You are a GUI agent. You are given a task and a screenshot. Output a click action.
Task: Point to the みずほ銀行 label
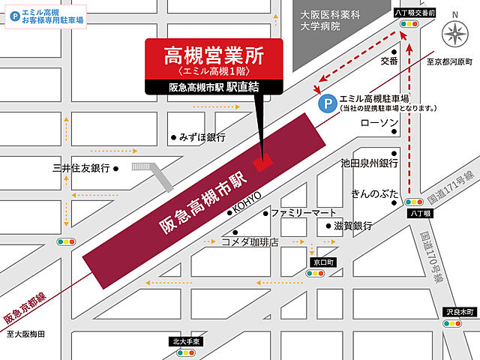(x=202, y=137)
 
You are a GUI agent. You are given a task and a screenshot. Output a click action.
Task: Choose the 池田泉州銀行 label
(x=368, y=163)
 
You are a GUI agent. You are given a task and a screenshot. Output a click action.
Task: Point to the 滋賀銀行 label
(x=355, y=225)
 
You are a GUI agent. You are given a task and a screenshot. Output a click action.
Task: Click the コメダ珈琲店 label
(x=250, y=242)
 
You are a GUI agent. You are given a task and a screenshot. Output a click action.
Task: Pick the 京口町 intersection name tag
(x=317, y=262)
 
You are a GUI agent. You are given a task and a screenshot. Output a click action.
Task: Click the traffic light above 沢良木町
(x=451, y=324)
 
